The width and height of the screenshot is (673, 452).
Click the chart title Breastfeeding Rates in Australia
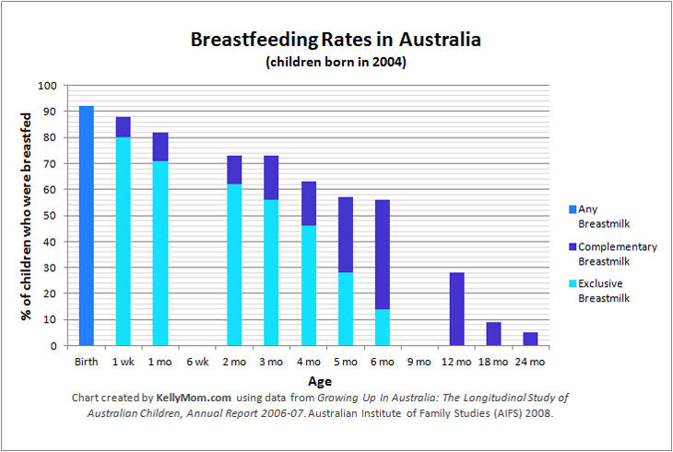[x=336, y=42]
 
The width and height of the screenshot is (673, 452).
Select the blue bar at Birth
[x=87, y=226]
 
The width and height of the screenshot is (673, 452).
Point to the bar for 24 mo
[x=530, y=339]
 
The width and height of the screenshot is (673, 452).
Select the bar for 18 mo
[x=493, y=334]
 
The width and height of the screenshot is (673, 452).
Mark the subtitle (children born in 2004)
[x=336, y=64]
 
